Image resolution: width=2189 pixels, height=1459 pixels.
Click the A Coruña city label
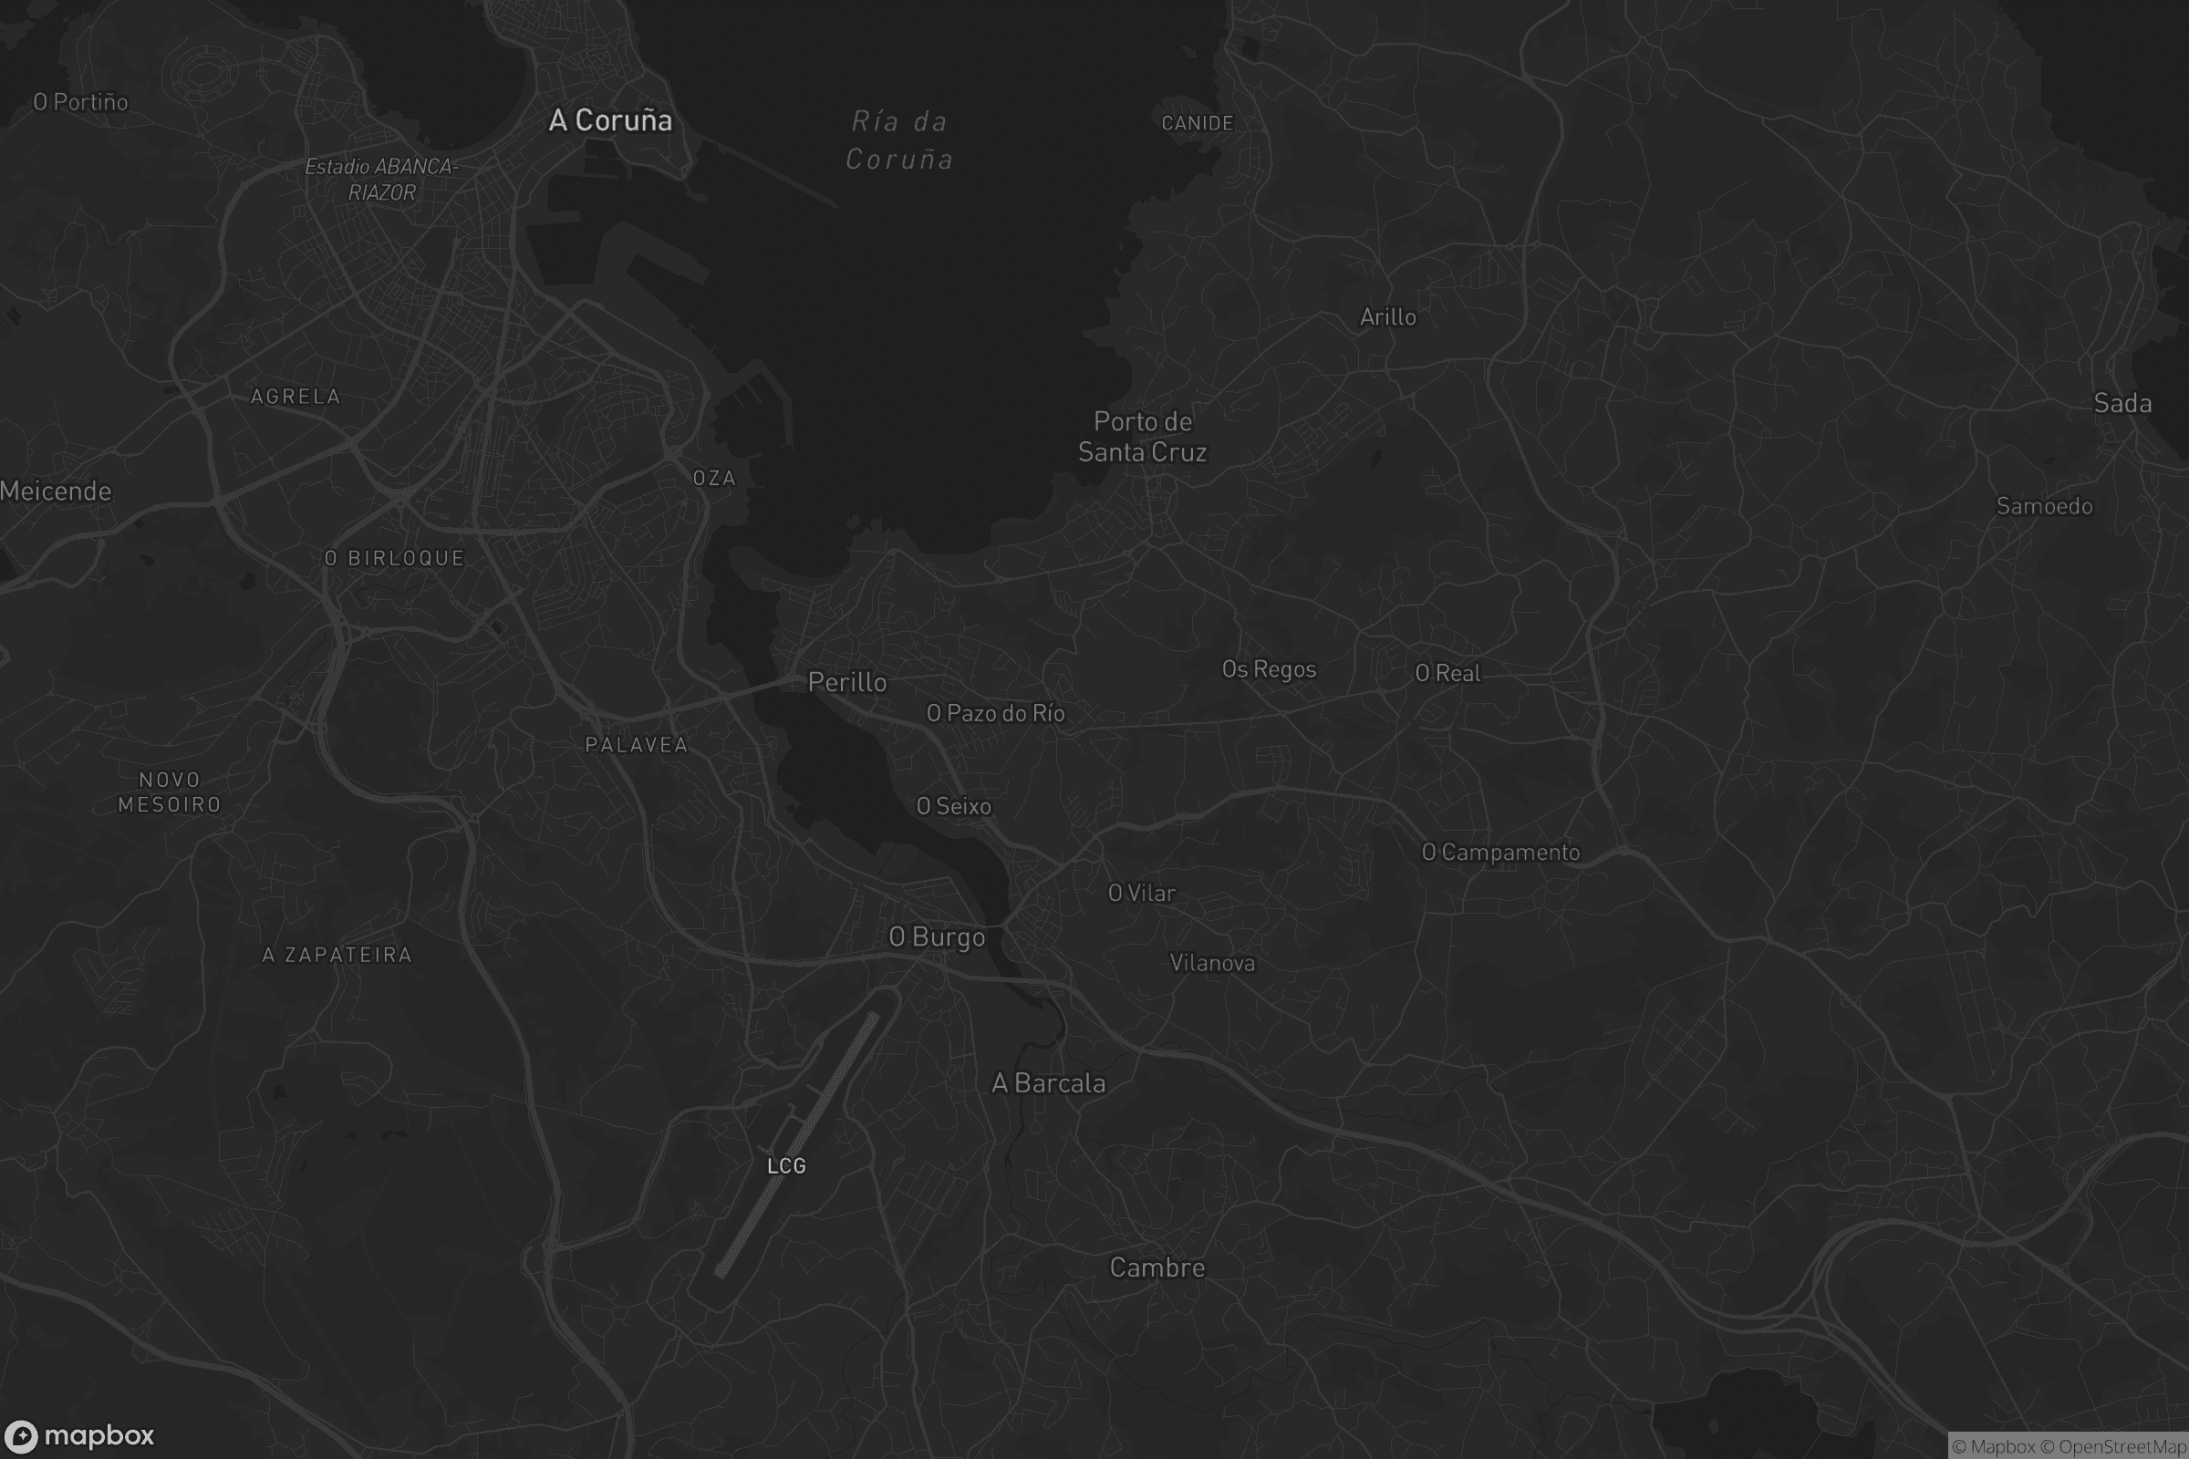[609, 120]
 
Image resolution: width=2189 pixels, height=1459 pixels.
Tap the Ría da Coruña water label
[899, 140]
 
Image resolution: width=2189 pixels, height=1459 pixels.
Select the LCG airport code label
[785, 1166]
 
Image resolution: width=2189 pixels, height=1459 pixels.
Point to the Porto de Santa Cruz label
[1142, 437]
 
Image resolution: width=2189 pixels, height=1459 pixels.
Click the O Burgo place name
[937, 937]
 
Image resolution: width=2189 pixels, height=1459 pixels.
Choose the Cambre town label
[1157, 1268]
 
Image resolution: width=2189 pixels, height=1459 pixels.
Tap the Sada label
[2122, 403]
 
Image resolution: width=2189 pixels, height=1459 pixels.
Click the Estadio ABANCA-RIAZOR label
[381, 180]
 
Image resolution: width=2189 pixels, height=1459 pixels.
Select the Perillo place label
[847, 682]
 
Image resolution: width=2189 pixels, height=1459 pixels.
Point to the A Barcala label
[1048, 1083]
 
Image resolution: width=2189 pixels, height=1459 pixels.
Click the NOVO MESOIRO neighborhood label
[170, 792]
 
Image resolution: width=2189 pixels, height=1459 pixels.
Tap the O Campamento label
[1500, 853]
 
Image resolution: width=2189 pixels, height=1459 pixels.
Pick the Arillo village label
[1387, 317]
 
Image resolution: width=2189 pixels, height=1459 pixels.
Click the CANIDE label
[1197, 123]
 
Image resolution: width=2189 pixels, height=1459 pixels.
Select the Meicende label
[56, 492]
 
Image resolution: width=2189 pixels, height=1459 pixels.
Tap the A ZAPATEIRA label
[337, 955]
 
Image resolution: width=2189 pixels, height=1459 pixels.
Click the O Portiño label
[81, 102]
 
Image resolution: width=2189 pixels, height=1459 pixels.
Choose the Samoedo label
[2044, 506]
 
